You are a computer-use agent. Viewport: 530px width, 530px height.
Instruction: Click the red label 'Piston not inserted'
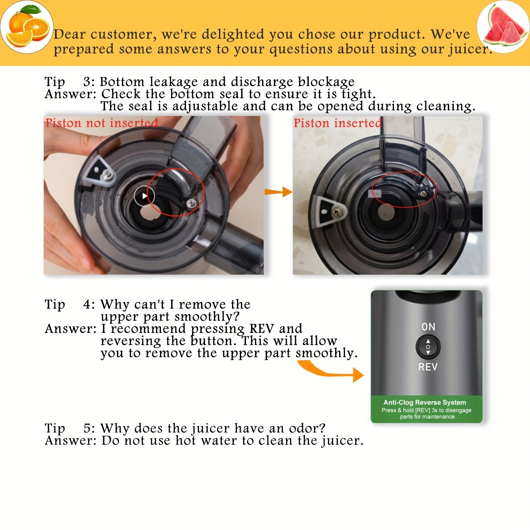101,123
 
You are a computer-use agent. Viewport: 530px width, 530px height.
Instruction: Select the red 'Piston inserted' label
338,123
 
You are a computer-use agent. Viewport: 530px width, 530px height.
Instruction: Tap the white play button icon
144,196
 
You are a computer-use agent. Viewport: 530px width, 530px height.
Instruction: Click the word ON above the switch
428,327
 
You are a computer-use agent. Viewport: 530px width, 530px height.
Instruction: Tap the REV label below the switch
428,367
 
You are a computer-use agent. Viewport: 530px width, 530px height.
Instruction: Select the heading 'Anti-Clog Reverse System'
425,402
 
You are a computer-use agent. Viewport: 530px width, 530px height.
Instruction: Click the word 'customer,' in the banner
122,34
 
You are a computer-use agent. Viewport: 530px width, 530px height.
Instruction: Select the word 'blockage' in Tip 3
326,82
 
